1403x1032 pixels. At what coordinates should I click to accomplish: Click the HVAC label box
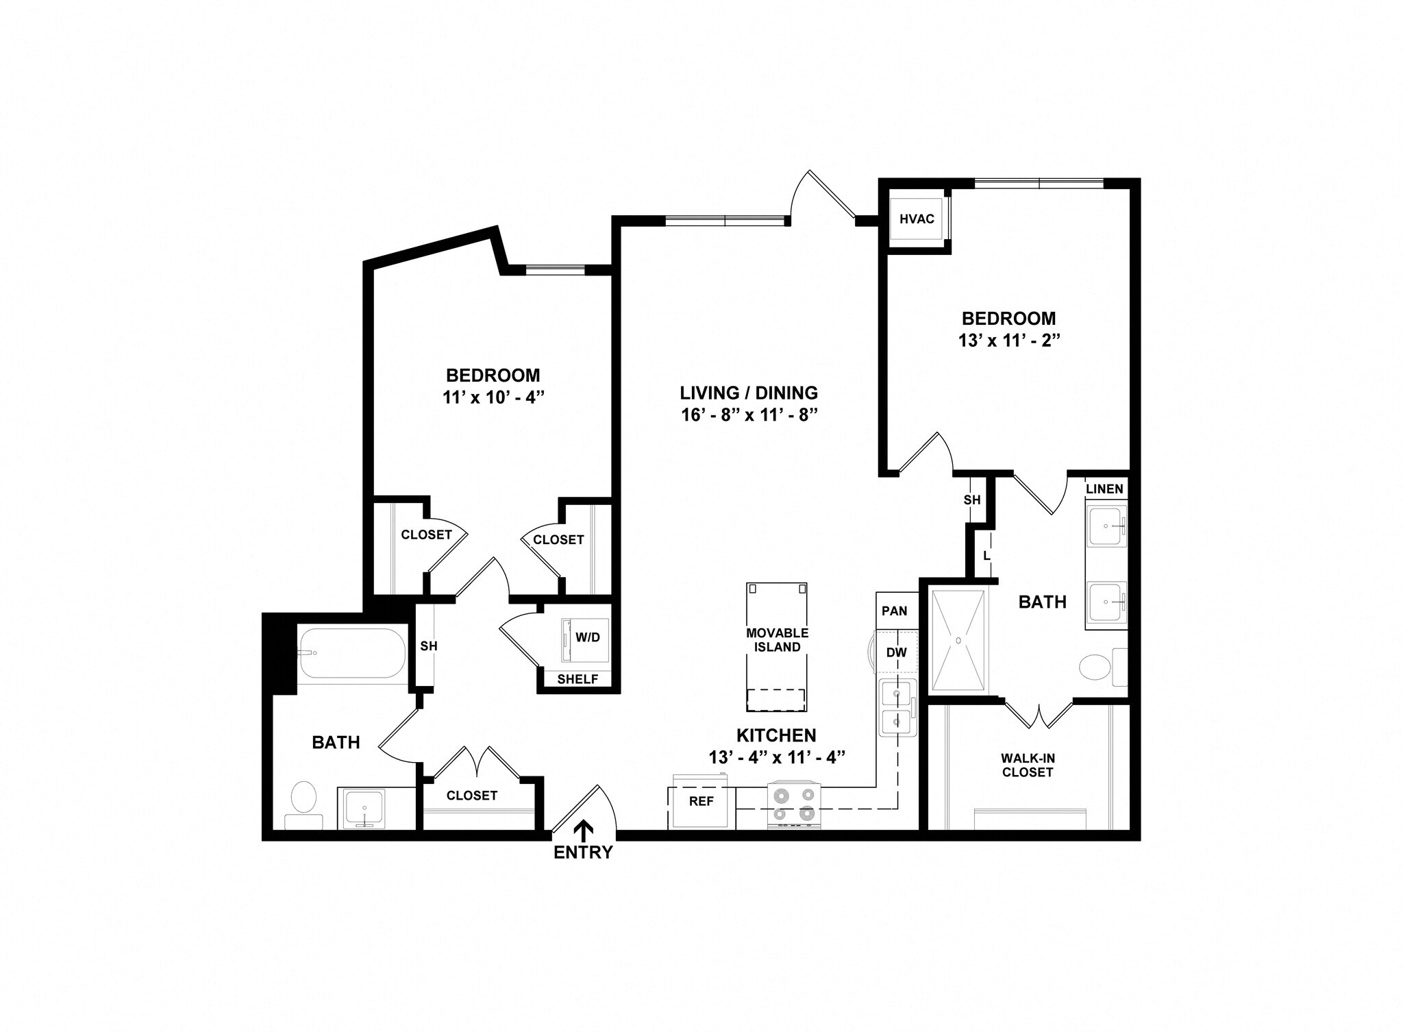[916, 219]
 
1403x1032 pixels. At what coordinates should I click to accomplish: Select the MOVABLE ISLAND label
[777, 640]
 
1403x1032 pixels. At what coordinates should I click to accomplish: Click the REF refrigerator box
[701, 801]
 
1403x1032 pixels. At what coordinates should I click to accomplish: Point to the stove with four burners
[793, 804]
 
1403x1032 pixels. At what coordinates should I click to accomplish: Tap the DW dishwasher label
[896, 652]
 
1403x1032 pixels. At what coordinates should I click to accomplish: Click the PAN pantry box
[894, 611]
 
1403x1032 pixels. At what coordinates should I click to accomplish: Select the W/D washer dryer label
[587, 637]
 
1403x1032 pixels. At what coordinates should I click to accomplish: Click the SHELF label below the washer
[578, 679]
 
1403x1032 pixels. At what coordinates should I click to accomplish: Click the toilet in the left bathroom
[303, 802]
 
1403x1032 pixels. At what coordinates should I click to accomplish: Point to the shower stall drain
[958, 640]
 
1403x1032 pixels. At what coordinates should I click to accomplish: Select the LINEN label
[1104, 489]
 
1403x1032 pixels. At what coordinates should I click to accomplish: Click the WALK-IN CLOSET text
[1027, 765]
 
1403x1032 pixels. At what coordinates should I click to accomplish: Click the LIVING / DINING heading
[749, 393]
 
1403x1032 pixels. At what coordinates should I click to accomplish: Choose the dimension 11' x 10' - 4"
[493, 397]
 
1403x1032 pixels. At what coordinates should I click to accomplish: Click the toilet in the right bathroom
[1097, 667]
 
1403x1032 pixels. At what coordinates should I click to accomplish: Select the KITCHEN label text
[776, 735]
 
